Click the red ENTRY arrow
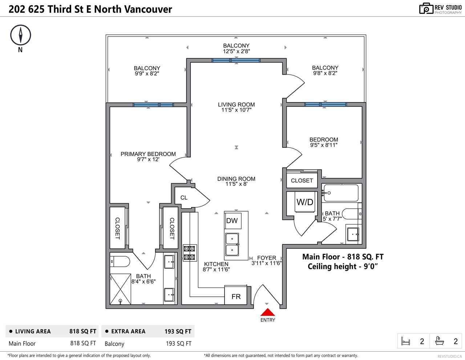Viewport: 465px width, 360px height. click(267, 312)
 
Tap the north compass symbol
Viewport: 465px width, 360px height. click(21, 35)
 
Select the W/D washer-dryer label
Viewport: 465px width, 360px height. click(305, 202)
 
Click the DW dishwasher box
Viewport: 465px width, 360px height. click(232, 221)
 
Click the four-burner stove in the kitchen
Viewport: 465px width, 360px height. click(190, 253)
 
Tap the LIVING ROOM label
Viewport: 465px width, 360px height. click(236, 104)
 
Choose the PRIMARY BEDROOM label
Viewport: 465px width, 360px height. click(148, 154)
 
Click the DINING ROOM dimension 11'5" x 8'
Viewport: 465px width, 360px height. click(236, 184)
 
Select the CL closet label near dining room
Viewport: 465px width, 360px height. click(184, 197)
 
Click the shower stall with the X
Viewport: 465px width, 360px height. click(120, 289)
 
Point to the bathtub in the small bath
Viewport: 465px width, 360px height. click(341, 193)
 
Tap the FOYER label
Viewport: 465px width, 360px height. click(267, 257)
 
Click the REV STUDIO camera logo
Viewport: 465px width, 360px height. click(426, 8)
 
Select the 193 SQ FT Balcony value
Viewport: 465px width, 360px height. click(178, 344)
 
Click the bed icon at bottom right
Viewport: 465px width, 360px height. click(405, 341)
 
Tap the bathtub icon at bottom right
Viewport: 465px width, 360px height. click(440, 341)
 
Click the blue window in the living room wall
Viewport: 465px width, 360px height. click(236, 60)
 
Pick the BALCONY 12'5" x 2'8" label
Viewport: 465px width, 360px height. click(236, 48)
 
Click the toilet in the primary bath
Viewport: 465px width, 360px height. click(120, 261)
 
